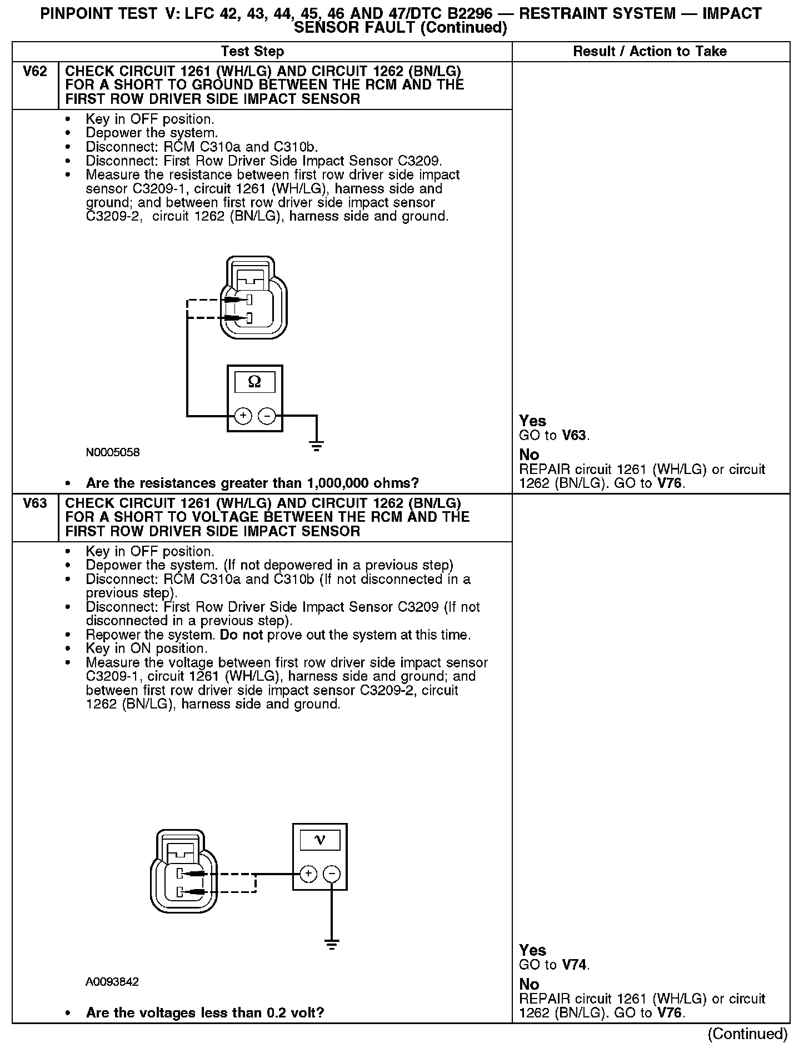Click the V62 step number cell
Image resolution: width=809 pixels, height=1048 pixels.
click(x=34, y=72)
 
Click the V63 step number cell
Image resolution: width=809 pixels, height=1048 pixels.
click(x=34, y=504)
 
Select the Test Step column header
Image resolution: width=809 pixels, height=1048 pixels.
click(x=252, y=52)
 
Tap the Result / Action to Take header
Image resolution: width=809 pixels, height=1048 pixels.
click(x=650, y=52)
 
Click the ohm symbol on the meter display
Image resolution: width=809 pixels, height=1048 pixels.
click(x=254, y=382)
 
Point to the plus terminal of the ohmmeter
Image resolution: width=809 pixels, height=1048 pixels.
click(x=243, y=416)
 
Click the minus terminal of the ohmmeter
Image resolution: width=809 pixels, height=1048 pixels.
click(x=267, y=416)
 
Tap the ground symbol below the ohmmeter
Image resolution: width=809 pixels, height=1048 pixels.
click(x=317, y=446)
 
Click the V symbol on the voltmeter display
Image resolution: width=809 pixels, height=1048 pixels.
click(x=320, y=840)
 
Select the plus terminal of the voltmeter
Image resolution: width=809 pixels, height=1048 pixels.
click(x=308, y=874)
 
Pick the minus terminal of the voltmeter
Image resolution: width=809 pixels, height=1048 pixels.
click(x=332, y=874)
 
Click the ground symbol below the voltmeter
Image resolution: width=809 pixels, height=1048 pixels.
click(x=332, y=945)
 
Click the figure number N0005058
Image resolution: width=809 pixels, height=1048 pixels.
click(x=113, y=452)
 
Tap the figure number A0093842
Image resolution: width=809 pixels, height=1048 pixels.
click(x=112, y=982)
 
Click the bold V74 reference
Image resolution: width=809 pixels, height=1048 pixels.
click(x=575, y=965)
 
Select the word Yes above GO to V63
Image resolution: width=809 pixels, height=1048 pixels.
click(x=532, y=421)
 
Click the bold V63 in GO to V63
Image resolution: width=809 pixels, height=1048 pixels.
click(x=575, y=436)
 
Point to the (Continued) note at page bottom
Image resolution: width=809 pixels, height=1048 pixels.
click(x=747, y=1034)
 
